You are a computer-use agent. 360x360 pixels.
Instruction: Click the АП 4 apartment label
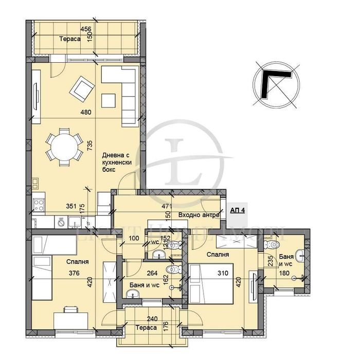click(x=238, y=210)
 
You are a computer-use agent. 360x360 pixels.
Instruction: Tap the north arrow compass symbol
click(x=277, y=84)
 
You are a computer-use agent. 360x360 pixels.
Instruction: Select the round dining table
click(x=64, y=148)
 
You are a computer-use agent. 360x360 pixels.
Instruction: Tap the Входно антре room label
click(x=199, y=215)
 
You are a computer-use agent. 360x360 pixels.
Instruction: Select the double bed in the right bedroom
click(x=211, y=284)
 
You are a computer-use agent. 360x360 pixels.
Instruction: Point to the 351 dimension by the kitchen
click(x=71, y=206)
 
